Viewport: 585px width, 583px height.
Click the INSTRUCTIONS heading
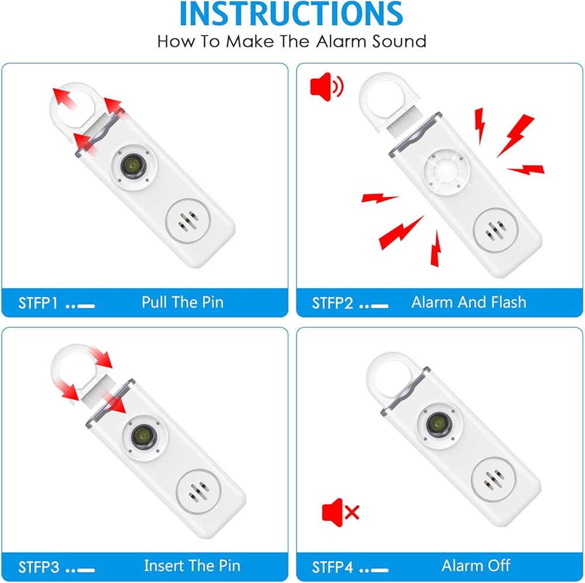point(291,14)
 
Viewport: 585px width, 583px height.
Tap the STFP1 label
point(38,303)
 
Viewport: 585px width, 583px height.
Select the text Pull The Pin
point(183,302)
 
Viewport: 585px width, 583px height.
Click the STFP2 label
point(332,303)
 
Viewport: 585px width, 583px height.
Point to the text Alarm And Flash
point(469,302)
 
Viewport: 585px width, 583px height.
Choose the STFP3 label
point(39,567)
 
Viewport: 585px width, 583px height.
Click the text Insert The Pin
point(192,566)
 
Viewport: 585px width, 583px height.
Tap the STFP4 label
point(332,567)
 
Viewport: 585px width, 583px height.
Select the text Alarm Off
point(476,566)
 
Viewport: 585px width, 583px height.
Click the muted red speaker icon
point(340,512)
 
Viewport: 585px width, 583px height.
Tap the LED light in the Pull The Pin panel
point(133,165)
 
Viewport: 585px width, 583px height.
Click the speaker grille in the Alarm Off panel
point(493,479)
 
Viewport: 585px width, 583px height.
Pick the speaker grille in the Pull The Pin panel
point(187,221)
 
